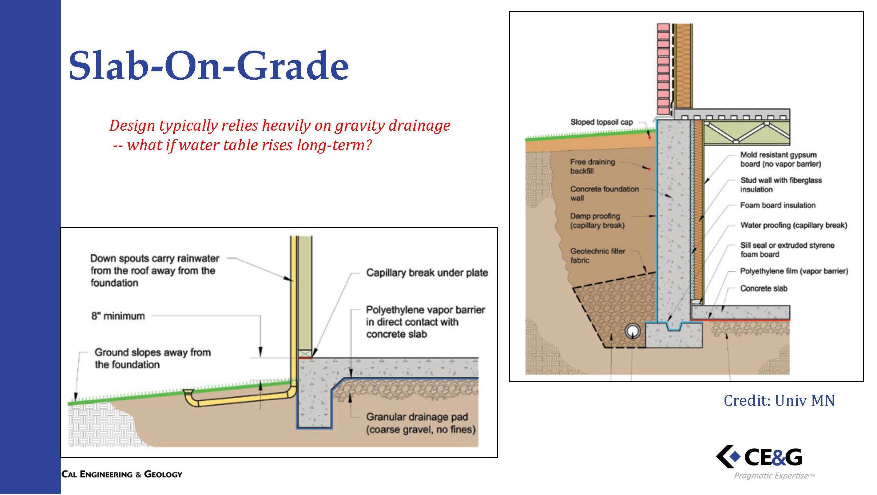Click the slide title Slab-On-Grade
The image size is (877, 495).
(209, 66)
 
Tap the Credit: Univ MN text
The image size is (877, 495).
(779, 401)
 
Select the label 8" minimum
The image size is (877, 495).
(118, 316)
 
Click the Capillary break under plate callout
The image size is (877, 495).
(427, 273)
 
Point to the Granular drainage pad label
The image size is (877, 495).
(421, 423)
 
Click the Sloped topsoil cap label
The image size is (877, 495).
(602, 122)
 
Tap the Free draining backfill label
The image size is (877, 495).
(592, 166)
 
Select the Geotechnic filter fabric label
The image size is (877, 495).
(598, 256)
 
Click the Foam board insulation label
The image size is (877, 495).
(778, 205)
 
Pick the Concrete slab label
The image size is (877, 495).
(763, 289)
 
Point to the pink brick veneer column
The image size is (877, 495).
(663, 69)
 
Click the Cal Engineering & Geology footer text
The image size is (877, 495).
(122, 474)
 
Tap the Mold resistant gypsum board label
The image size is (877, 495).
(781, 159)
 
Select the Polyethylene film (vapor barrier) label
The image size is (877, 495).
(794, 271)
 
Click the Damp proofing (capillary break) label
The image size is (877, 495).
(597, 221)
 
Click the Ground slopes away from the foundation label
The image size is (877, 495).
(152, 358)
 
